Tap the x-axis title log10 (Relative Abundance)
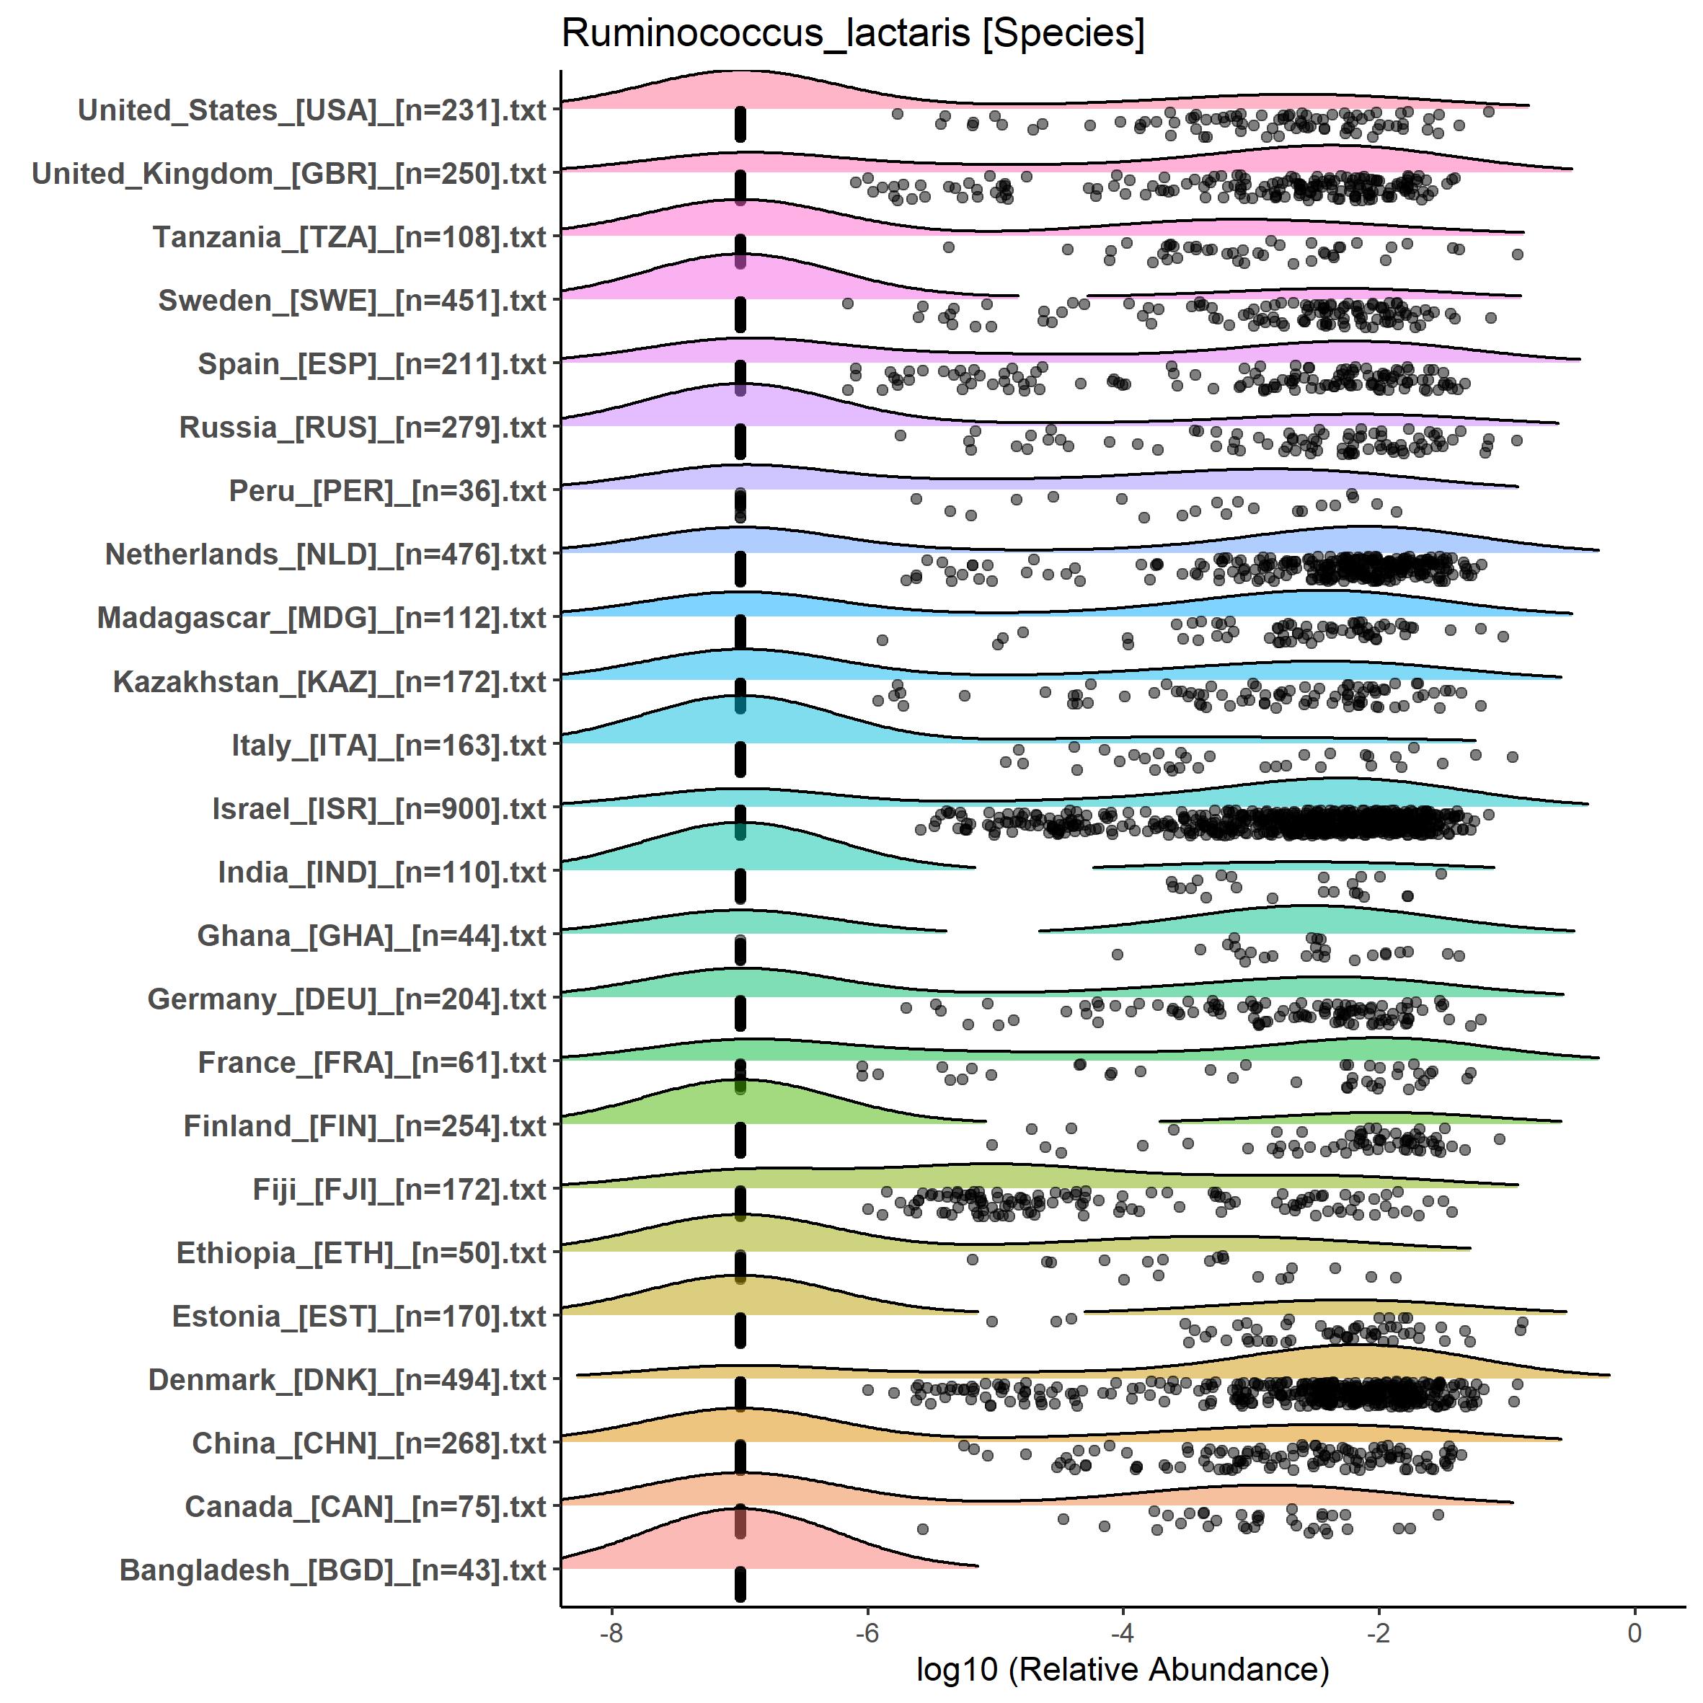(1122, 1668)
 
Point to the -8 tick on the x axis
(611, 1633)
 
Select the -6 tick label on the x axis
(867, 1633)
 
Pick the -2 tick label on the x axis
(1379, 1633)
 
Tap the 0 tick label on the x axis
(1635, 1633)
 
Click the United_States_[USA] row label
(312, 110)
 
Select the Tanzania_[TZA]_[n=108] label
(350, 237)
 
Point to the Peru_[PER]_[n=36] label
(388, 491)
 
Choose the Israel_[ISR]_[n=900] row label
(379, 808)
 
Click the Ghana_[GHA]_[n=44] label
(372, 935)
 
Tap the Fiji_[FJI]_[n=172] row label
(399, 1189)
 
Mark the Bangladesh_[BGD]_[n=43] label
(333, 1570)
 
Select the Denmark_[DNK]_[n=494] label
(348, 1379)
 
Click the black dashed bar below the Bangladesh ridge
(740, 1584)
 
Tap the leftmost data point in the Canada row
(922, 1529)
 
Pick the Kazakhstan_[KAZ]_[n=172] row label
(329, 681)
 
